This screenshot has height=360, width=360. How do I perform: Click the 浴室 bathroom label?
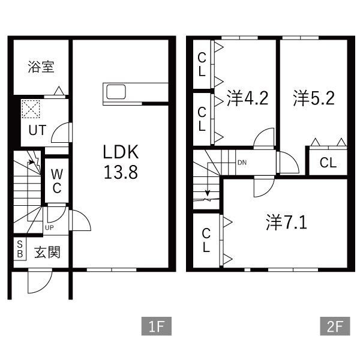click(41, 67)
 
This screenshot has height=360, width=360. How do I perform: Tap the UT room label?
click(37, 130)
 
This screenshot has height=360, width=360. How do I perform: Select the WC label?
click(57, 181)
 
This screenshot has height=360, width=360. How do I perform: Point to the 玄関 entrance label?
click(47, 252)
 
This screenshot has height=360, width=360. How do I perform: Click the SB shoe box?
click(20, 248)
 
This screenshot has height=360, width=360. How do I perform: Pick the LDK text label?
click(121, 152)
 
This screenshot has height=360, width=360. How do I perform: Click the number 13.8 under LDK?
click(121, 172)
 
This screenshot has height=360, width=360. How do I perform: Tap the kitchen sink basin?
click(116, 92)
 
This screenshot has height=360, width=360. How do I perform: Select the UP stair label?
click(49, 228)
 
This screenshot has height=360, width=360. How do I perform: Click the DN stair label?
click(242, 163)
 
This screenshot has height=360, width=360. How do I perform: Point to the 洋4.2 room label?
click(247, 98)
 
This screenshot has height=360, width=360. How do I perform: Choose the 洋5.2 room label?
click(314, 98)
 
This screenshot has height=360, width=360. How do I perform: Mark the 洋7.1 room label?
click(287, 222)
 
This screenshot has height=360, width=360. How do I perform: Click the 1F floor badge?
click(157, 326)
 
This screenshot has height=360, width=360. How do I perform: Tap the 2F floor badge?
click(335, 326)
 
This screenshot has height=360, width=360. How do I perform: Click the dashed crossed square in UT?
click(31, 109)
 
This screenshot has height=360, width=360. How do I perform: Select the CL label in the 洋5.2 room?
click(328, 163)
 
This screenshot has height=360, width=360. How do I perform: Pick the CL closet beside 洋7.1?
click(206, 241)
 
